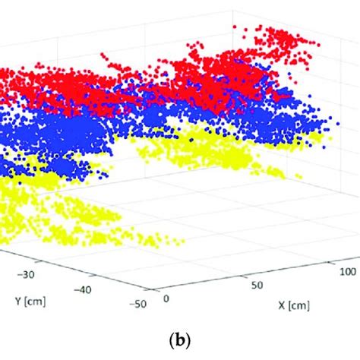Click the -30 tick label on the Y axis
tap(31, 275)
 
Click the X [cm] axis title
tap(292, 308)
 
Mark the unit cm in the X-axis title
tap(298, 308)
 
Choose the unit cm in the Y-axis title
tap(36, 300)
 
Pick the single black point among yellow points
tap(191, 140)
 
